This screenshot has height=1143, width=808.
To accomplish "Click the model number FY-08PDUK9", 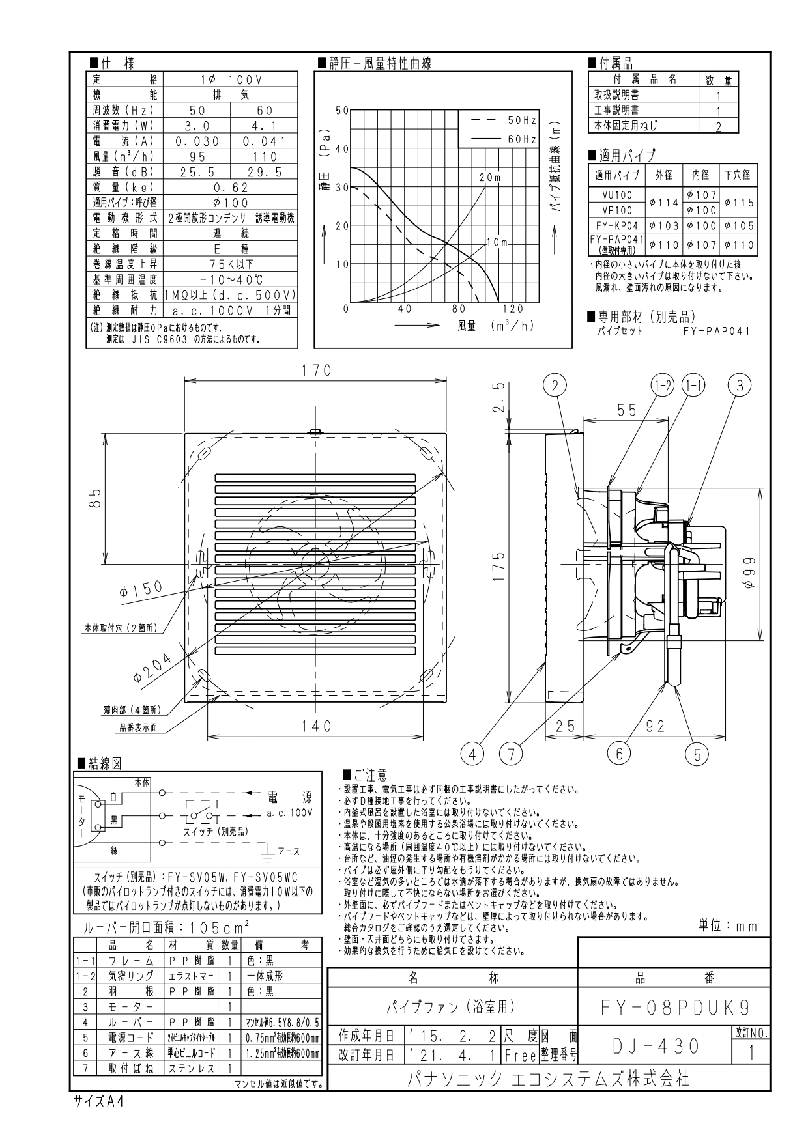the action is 674,1008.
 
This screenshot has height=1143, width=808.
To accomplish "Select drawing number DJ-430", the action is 656,1046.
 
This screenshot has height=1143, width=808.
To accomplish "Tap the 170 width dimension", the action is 316,371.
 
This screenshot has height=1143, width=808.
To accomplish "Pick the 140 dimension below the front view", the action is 317,726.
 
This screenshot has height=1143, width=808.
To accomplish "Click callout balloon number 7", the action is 512,754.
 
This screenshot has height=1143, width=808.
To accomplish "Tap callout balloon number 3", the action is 740,386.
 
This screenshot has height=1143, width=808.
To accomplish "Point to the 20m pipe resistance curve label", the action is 489,177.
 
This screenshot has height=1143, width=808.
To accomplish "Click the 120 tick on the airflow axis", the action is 513,309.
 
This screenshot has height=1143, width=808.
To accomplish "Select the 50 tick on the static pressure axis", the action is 341,110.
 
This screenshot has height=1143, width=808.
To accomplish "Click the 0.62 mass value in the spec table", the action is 231,186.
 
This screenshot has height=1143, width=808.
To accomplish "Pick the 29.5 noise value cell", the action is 265,171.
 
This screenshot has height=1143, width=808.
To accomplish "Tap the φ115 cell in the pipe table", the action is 739,203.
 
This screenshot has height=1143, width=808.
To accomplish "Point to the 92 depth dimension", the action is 656,726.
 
